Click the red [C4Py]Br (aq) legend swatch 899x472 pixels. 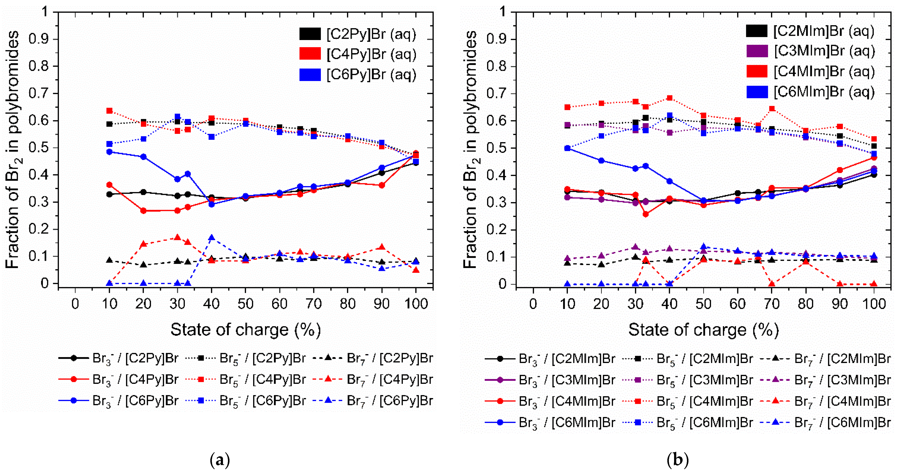[310, 54]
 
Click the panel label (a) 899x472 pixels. [220, 460]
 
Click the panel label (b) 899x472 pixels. [677, 460]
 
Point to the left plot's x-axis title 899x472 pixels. [245, 330]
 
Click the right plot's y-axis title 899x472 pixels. [471, 149]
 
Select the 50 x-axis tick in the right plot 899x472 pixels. [703, 304]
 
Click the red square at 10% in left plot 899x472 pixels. [109, 111]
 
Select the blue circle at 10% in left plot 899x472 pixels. [109, 152]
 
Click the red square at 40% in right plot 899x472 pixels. [669, 98]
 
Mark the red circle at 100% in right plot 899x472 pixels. [874, 157]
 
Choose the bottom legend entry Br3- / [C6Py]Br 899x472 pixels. [119, 401]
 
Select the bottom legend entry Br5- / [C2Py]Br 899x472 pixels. [245, 358]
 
